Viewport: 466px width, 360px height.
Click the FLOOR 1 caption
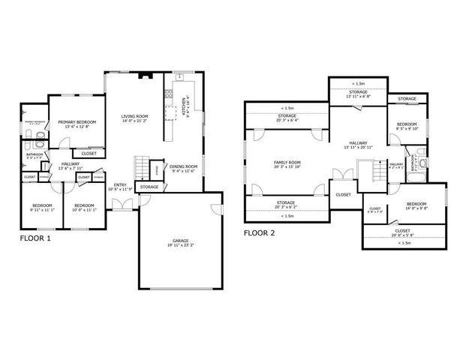35,238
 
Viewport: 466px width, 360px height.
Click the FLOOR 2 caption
260,233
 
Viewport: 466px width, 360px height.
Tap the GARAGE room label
180,241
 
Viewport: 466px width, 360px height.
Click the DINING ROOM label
183,166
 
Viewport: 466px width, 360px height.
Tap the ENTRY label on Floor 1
120,184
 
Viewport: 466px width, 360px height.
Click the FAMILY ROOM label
287,162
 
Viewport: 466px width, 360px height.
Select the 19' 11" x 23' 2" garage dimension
180,246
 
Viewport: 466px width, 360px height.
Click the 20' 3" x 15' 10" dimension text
287,167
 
